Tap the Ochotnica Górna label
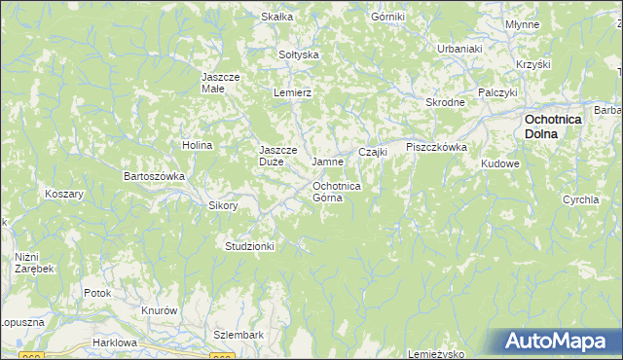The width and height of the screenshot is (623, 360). [x=337, y=191]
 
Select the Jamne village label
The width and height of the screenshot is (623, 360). [x=326, y=161]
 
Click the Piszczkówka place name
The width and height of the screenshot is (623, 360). [x=437, y=147]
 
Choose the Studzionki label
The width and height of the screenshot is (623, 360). [x=249, y=246]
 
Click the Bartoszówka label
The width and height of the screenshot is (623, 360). [x=153, y=176]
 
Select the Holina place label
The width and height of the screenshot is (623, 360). [x=197, y=145]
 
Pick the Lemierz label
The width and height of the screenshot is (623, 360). [x=292, y=91]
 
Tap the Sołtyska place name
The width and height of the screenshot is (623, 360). [x=299, y=54]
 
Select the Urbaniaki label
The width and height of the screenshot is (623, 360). [x=459, y=48]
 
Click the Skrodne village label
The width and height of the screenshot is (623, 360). [x=445, y=102]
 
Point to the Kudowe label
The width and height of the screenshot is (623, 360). [x=500, y=163]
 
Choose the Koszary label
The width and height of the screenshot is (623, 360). [x=64, y=194]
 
